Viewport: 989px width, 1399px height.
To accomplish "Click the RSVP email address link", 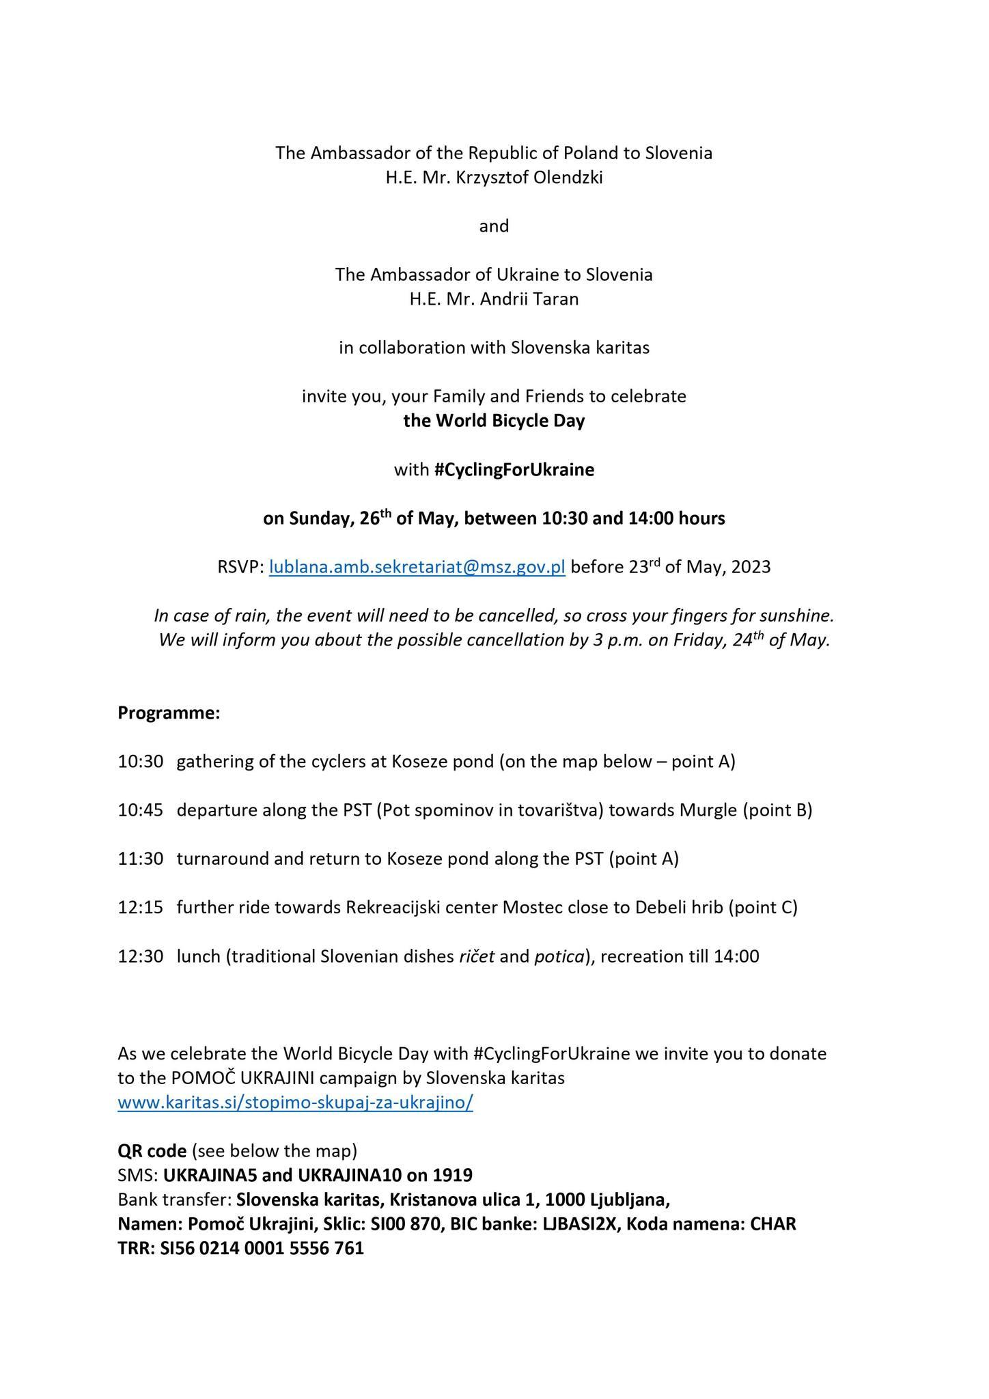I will tap(417, 568).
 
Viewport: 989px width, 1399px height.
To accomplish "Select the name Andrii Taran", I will tap(529, 299).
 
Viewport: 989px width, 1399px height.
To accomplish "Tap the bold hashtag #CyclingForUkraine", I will tap(514, 470).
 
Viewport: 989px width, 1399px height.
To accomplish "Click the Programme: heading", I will tap(169, 713).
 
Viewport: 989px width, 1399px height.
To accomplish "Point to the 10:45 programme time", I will tap(140, 810).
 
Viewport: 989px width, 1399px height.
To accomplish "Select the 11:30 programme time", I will tap(140, 859).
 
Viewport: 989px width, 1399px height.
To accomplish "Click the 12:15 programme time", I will tap(140, 907).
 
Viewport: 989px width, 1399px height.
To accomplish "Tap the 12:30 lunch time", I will tap(140, 956).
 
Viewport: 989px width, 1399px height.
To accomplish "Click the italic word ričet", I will tap(477, 956).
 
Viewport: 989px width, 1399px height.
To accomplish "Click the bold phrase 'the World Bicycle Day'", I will tap(494, 421).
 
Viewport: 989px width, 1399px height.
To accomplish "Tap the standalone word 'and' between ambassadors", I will tap(494, 226).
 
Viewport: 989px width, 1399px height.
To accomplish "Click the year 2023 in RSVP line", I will tap(751, 568).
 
